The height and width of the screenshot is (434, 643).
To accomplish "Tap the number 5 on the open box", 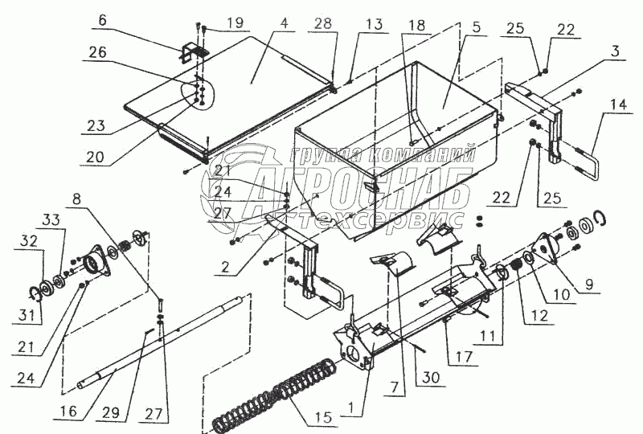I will point(476,27).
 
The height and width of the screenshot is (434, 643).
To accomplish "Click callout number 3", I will point(614,51).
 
